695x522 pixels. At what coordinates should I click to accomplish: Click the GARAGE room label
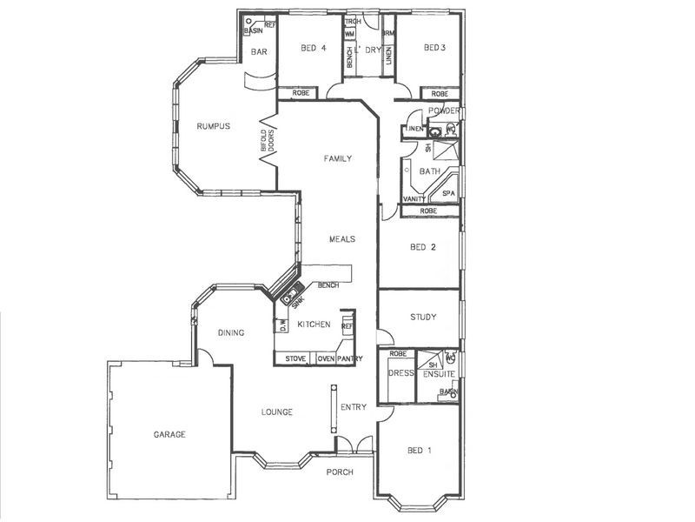point(169,434)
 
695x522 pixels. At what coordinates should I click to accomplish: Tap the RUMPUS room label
point(212,126)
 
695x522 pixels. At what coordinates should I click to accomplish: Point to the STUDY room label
point(423,318)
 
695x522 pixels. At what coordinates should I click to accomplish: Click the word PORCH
point(339,472)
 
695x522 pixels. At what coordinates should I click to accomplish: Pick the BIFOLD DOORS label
point(268,142)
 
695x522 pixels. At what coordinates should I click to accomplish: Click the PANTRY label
point(350,358)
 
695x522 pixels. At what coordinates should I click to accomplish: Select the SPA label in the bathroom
point(448,193)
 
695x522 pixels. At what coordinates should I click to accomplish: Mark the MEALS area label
point(341,238)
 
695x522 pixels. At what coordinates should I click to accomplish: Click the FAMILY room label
point(337,159)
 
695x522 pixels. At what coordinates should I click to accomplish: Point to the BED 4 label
point(314,48)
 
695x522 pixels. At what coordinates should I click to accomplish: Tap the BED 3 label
point(434,48)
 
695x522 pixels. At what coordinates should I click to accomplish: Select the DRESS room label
point(400,373)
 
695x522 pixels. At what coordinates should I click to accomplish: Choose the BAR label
point(259,52)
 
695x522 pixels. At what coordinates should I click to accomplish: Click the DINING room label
point(231,332)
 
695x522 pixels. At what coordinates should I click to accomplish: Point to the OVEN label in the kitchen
point(326,358)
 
